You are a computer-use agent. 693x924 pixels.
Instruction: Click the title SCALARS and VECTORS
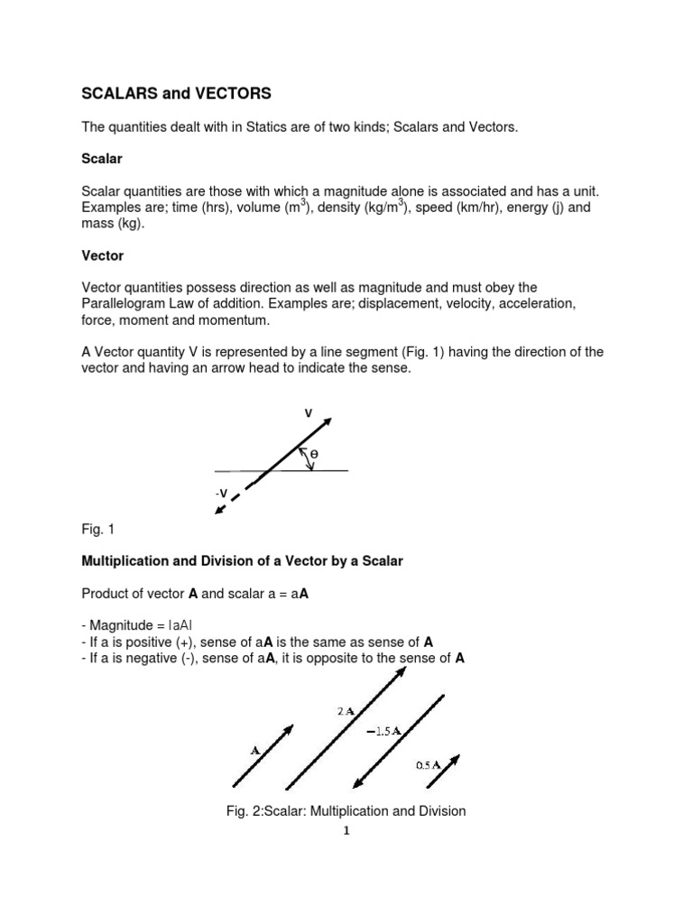click(x=176, y=93)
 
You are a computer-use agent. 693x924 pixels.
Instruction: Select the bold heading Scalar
click(x=102, y=158)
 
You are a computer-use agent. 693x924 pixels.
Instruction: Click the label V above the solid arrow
click(x=308, y=413)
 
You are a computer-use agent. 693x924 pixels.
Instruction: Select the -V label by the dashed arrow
click(x=220, y=493)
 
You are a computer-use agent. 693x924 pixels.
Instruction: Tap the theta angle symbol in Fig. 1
click(x=314, y=454)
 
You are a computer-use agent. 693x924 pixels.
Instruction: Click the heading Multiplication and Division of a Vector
click(x=242, y=561)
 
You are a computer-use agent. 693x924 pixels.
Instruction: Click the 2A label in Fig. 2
click(x=346, y=712)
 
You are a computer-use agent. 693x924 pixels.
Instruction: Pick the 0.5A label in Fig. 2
click(x=428, y=764)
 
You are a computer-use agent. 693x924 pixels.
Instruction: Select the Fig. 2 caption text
click(x=346, y=811)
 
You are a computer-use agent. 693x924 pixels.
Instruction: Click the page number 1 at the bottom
click(x=346, y=831)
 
